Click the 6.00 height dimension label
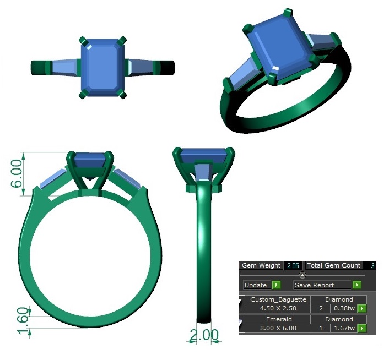point(17,174)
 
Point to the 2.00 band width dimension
point(204,335)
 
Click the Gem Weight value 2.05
point(292,266)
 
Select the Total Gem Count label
point(333,266)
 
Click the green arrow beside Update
point(277,285)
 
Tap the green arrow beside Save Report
point(357,285)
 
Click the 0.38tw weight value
point(344,309)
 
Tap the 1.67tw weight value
point(344,329)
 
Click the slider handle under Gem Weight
point(302,275)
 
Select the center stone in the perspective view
point(279,50)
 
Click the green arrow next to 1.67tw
point(362,329)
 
